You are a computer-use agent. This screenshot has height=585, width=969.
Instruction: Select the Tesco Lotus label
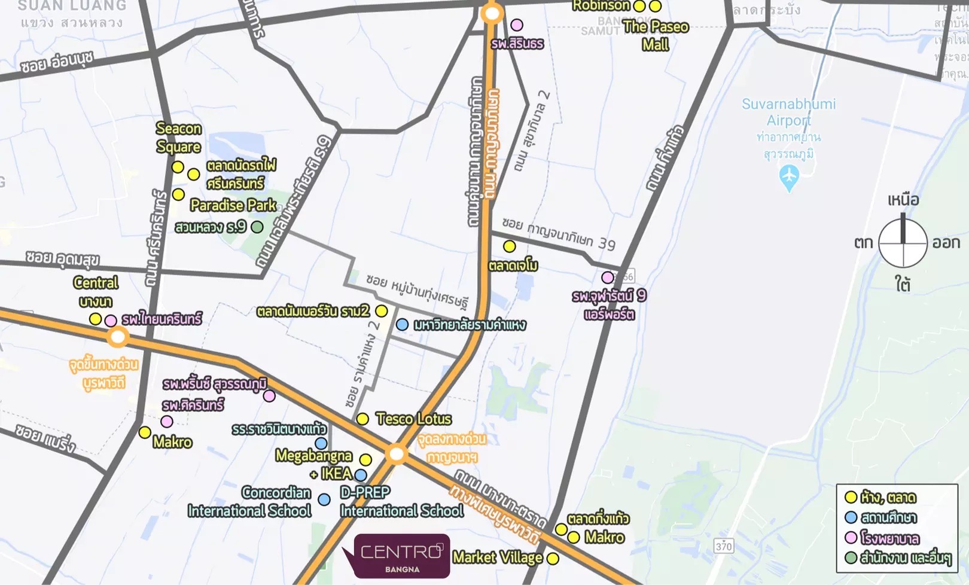413,419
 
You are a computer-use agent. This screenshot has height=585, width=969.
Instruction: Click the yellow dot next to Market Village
553,559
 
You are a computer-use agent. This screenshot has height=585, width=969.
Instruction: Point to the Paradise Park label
233,205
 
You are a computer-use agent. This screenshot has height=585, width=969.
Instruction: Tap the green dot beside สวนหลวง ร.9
257,227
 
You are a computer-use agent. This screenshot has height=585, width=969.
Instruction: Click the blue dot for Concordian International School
324,499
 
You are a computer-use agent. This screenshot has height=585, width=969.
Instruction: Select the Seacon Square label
178,138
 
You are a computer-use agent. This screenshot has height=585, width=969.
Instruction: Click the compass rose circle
903,242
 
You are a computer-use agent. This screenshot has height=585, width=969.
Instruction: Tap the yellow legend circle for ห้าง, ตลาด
851,497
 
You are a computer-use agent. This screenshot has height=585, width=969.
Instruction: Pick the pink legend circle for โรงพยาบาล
851,538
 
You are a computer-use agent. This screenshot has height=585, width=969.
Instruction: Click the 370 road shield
723,546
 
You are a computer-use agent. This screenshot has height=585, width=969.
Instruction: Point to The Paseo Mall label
656,35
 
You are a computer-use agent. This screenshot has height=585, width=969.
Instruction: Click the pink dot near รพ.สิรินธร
517,25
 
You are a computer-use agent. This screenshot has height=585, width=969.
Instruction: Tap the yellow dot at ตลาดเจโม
509,246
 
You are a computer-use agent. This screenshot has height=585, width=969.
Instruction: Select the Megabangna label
313,456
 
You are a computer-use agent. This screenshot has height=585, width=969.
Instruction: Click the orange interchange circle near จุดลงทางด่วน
396,454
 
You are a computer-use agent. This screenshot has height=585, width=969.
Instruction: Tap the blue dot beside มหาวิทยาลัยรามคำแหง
403,324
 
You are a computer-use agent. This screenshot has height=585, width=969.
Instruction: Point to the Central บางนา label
96,291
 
